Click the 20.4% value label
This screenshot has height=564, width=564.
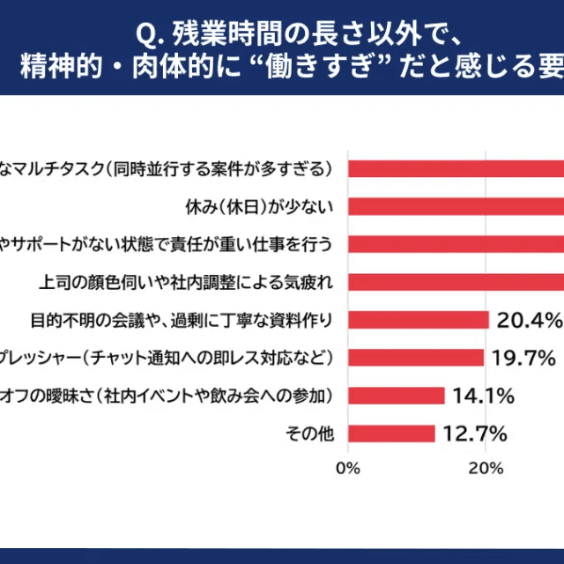[x=529, y=320]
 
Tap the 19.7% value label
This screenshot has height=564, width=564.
[x=523, y=358]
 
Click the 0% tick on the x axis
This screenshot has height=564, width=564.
[x=349, y=468]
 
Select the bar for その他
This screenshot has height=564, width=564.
[x=392, y=434]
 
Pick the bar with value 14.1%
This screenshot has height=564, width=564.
[x=397, y=396]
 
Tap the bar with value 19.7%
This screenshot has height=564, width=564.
[x=416, y=358]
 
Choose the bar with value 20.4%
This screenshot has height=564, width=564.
[x=419, y=320]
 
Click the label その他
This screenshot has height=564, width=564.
[x=309, y=434]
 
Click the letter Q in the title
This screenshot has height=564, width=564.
[x=145, y=34]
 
